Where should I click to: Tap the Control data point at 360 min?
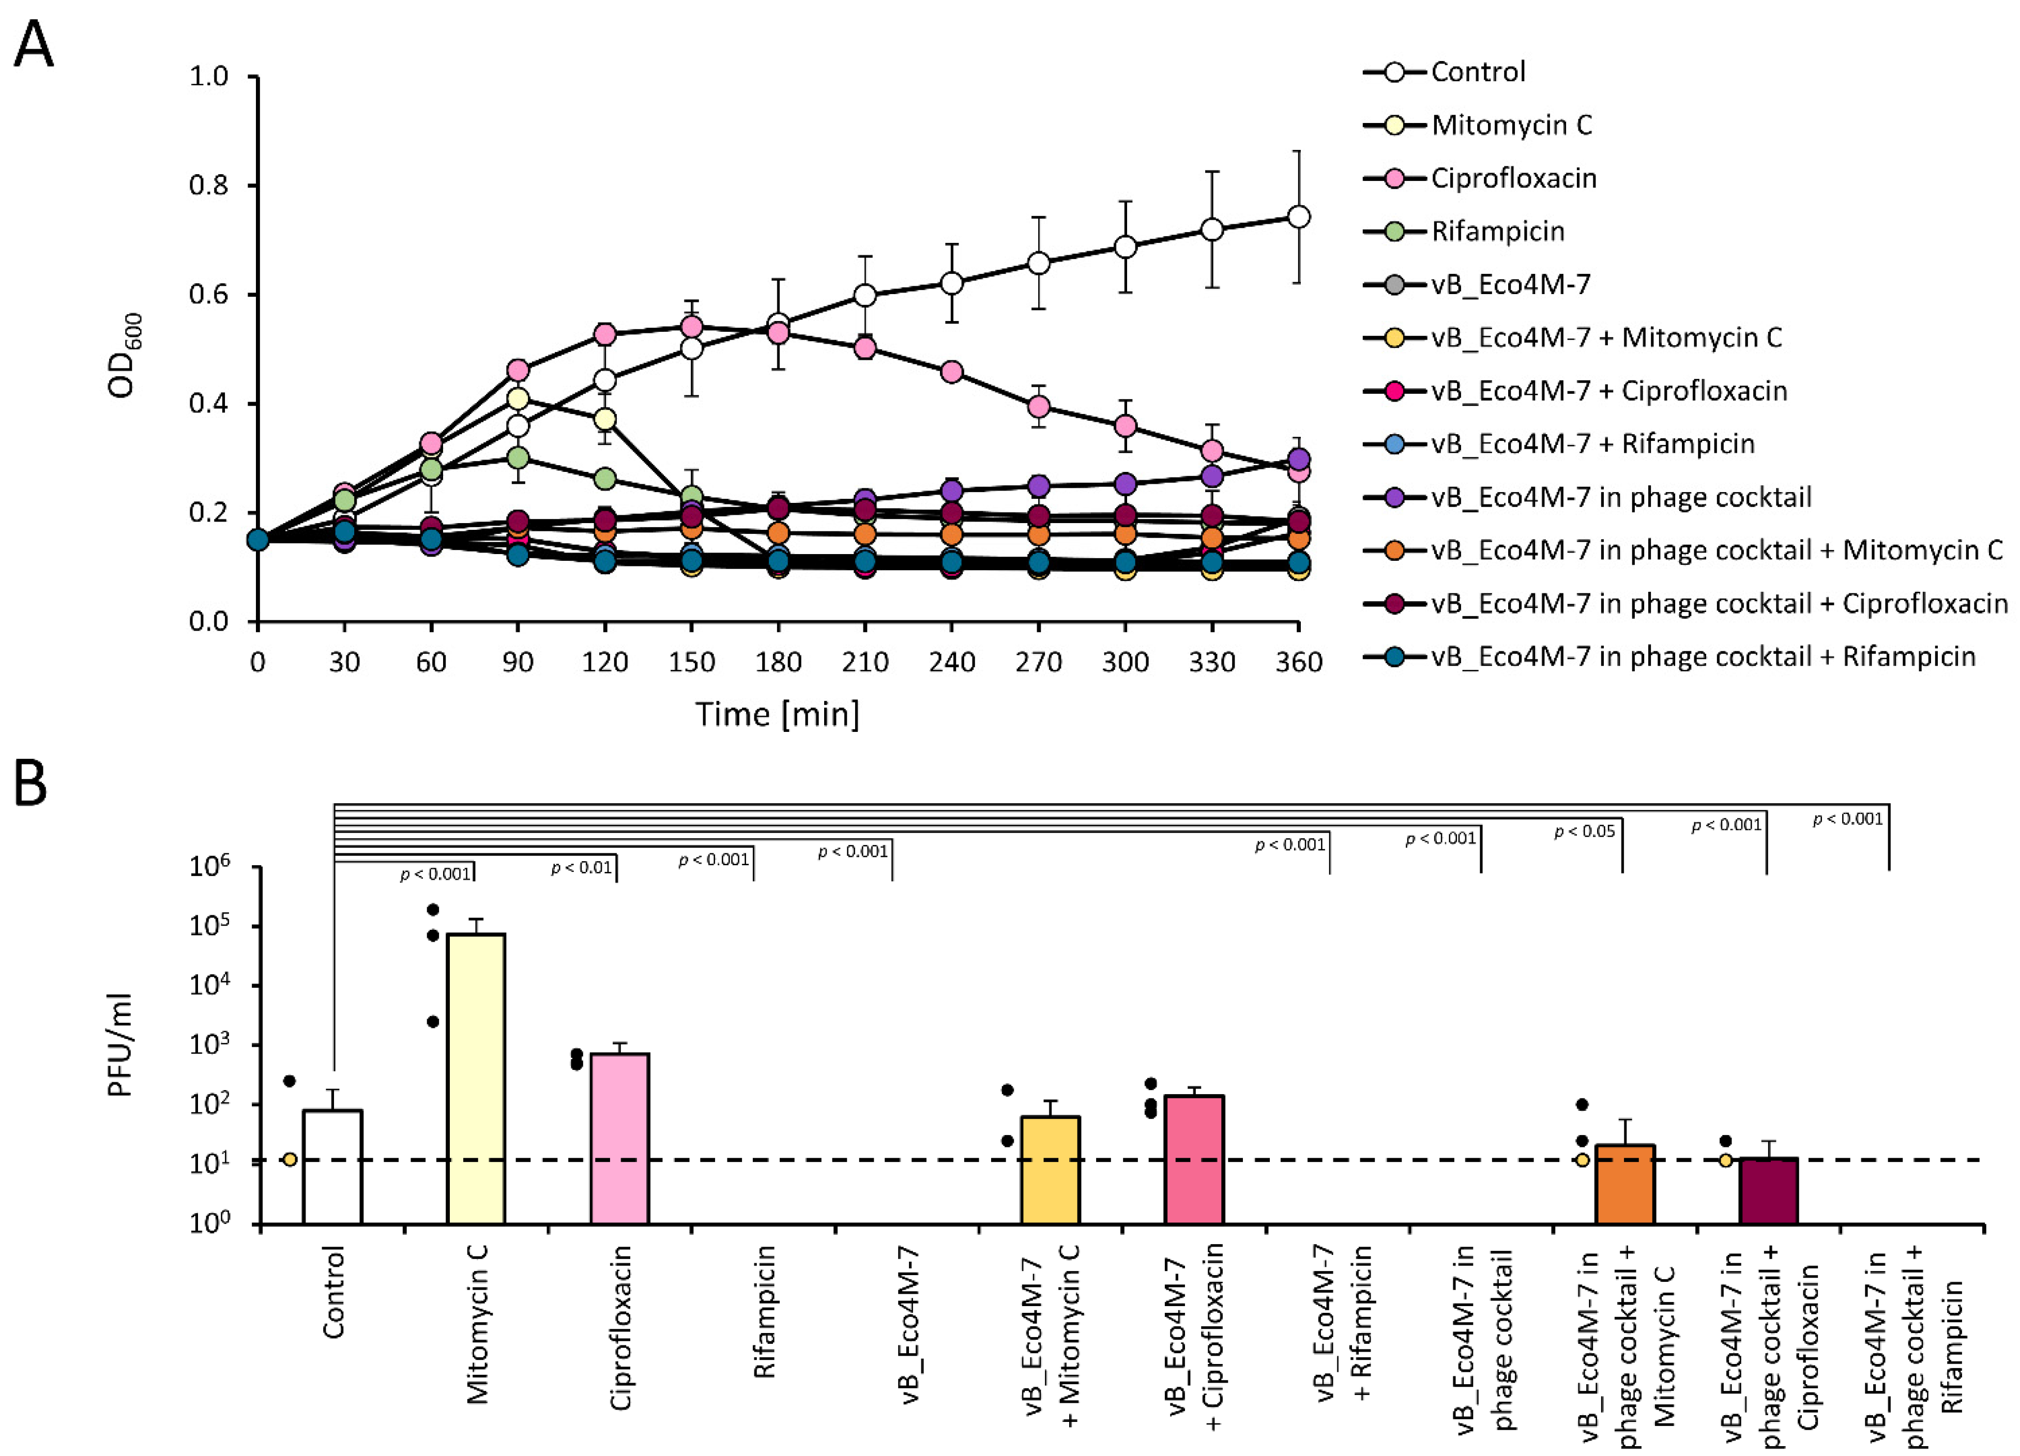[x=1299, y=217]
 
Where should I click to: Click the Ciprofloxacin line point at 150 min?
[x=691, y=327]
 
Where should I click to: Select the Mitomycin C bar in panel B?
[x=476, y=1078]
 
